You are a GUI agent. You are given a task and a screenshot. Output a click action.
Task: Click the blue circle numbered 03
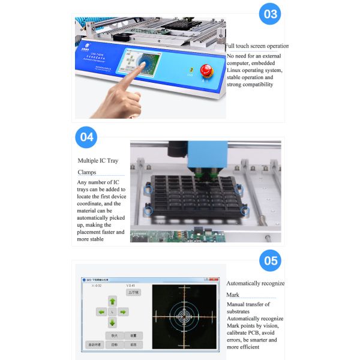pyautogui.click(x=270, y=14)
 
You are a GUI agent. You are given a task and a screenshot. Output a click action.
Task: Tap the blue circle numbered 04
pyautogui.click(x=87, y=137)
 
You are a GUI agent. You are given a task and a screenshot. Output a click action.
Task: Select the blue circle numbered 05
pyautogui.click(x=271, y=260)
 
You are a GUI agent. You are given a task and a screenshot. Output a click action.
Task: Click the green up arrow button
pyautogui.click(x=112, y=301)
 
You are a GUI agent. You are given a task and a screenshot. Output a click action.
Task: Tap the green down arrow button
pyautogui.click(x=112, y=322)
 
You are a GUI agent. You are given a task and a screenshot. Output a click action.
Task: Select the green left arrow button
pyautogui.click(x=101, y=312)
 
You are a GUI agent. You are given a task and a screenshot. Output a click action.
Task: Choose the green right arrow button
pyautogui.click(x=122, y=312)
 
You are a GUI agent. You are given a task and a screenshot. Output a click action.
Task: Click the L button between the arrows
pyautogui.click(x=112, y=312)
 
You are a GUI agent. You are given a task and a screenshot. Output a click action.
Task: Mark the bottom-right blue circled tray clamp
pyautogui.click(x=244, y=211)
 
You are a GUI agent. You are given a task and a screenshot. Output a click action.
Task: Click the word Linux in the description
pyautogui.click(x=236, y=70)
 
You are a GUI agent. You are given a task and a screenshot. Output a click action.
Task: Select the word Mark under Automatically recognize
pyautogui.click(x=233, y=295)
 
